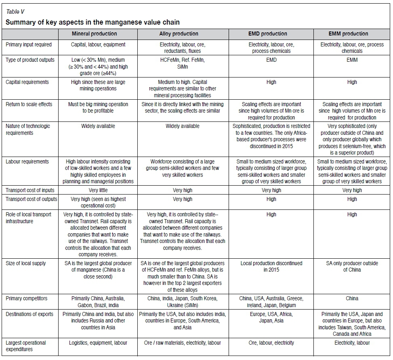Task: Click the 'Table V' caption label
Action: pyautogui.click(x=15, y=11)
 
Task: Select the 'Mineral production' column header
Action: pyautogui.click(x=94, y=34)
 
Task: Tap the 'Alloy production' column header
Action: pyautogui.click(x=183, y=34)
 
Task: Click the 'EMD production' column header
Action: pyautogui.click(x=271, y=34)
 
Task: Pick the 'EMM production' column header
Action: pyautogui.click(x=352, y=34)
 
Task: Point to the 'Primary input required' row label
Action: pyautogui.click(x=29, y=45)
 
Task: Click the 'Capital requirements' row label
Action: pyautogui.click(x=27, y=82)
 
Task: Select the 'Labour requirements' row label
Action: pyautogui.click(x=27, y=162)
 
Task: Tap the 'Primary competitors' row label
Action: pyautogui.click(x=27, y=299)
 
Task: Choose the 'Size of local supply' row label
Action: pyautogui.click(x=26, y=264)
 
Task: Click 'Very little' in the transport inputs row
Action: pyautogui.click(x=98, y=190)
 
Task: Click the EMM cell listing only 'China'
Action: pyautogui.click(x=352, y=299)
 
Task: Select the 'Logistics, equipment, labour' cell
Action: pyautogui.click(x=98, y=343)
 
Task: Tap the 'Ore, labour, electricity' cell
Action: pyautogui.click(x=271, y=343)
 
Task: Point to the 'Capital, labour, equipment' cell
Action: pyautogui.click(x=98, y=45)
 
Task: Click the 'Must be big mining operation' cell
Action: pyautogui.click(x=98, y=107)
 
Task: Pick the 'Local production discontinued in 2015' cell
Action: pyautogui.click(x=271, y=266)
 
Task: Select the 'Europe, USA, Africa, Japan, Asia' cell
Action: pyautogui.click(x=271, y=318)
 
